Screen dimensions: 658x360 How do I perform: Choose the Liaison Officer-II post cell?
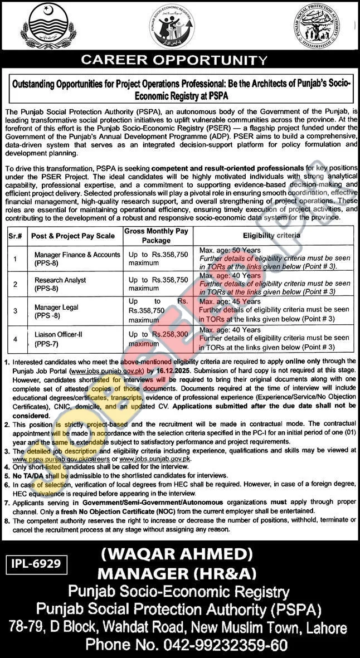[59, 338]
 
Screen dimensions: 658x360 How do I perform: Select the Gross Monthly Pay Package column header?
[156, 235]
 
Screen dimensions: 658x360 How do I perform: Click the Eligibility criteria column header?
[271, 235]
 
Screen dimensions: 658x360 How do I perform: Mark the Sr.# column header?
[15, 236]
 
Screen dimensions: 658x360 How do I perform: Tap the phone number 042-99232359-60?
[186, 646]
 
